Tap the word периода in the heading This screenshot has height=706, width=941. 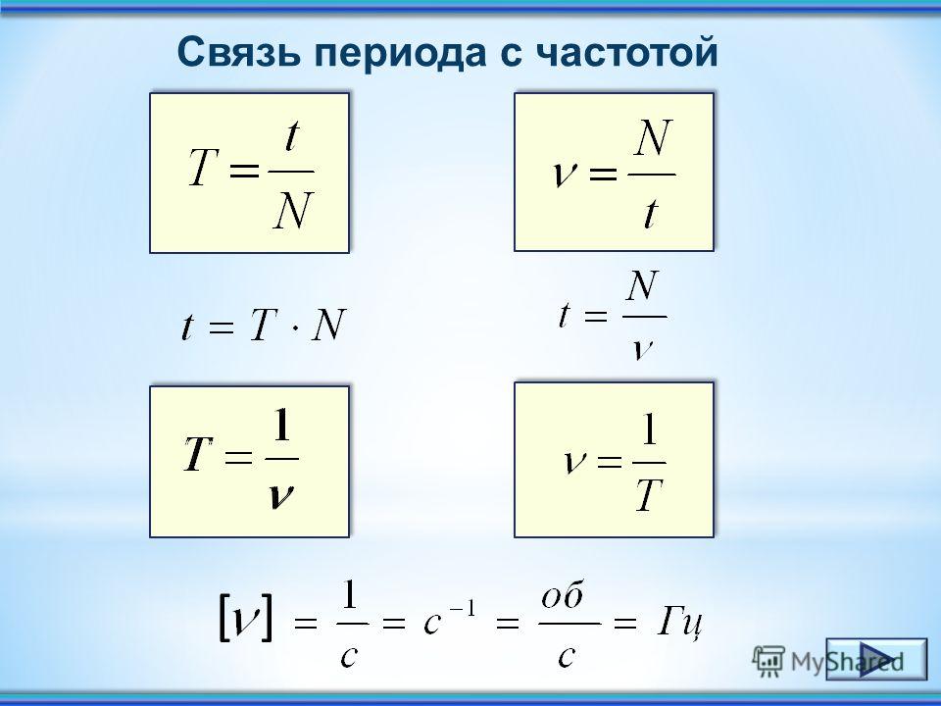click(x=400, y=55)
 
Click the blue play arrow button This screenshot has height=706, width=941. click(x=876, y=659)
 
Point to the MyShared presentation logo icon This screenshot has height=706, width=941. click(x=769, y=660)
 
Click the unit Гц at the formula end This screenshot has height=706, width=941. click(x=680, y=624)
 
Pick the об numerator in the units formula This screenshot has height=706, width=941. click(x=563, y=597)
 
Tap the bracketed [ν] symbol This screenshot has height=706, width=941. click(x=245, y=617)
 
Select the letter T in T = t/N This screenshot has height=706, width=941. click(x=203, y=168)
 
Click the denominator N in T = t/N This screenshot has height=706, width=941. click(x=293, y=211)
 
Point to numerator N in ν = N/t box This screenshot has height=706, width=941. click(x=654, y=137)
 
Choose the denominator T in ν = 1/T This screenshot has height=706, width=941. click(x=649, y=495)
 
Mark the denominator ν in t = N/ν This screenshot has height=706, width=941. click(x=642, y=348)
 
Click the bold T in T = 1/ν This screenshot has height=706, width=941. click(x=199, y=453)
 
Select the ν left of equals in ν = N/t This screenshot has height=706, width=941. click(x=564, y=175)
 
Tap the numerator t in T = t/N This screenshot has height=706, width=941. click(x=292, y=135)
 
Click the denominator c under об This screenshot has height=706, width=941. click(x=567, y=656)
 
